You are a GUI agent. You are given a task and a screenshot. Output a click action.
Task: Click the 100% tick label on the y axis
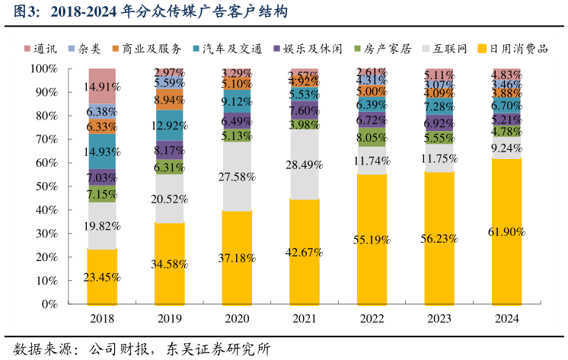pyautogui.click(x=43, y=68)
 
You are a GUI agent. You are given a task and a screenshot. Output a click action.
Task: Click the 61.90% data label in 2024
pyautogui.click(x=506, y=231)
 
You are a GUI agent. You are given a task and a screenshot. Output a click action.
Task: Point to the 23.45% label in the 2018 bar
pyautogui.click(x=102, y=277)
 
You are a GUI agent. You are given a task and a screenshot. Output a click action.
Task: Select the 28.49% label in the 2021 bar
pyautogui.click(x=305, y=165)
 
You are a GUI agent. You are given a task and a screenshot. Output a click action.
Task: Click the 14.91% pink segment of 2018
pyautogui.click(x=102, y=86)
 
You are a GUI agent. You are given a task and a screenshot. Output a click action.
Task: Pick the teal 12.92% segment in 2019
pyautogui.click(x=169, y=126)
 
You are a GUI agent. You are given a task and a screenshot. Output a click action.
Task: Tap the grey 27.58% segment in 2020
pyautogui.click(x=237, y=177)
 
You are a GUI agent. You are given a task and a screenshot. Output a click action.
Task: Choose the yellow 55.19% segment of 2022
pyautogui.click(x=372, y=239)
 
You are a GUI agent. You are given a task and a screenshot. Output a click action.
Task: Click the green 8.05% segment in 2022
pyautogui.click(x=372, y=138)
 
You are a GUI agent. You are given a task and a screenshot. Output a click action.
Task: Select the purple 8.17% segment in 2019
pyautogui.click(x=169, y=150)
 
